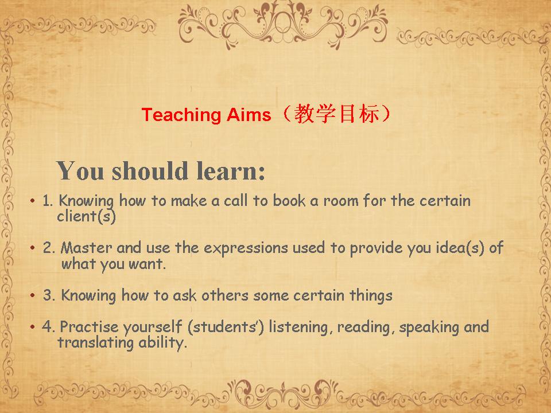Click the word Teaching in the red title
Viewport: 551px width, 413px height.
(181, 115)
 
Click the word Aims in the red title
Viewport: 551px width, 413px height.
(249, 115)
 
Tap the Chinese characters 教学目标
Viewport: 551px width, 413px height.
(337, 114)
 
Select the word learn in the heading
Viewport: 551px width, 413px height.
(231, 171)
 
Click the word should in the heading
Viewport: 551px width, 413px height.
(150, 171)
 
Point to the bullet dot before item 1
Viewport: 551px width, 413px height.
(33, 201)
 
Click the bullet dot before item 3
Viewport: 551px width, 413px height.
(33, 295)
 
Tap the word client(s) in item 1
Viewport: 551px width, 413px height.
(87, 216)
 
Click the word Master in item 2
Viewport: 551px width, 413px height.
(87, 248)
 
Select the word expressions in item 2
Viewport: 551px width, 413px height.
(246, 248)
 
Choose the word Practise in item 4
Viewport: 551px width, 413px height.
(90, 326)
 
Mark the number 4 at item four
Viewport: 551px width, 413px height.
(47, 326)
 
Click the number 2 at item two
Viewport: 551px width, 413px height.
(48, 248)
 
